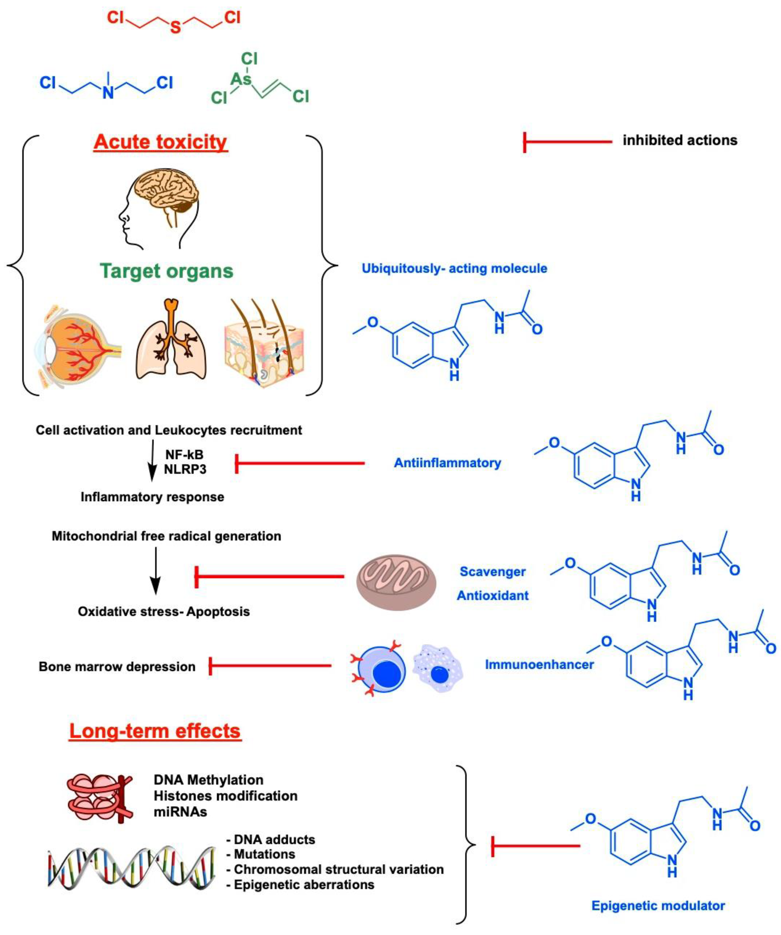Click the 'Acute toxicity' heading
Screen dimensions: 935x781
(160, 142)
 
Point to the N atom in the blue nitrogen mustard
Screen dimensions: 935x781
(108, 93)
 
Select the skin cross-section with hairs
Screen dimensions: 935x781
(265, 343)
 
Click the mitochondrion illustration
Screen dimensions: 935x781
(396, 582)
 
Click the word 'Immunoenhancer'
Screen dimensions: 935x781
(539, 665)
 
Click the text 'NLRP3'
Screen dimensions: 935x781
(185, 469)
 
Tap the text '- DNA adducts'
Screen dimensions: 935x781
(271, 840)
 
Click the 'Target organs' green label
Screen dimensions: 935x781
(166, 271)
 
